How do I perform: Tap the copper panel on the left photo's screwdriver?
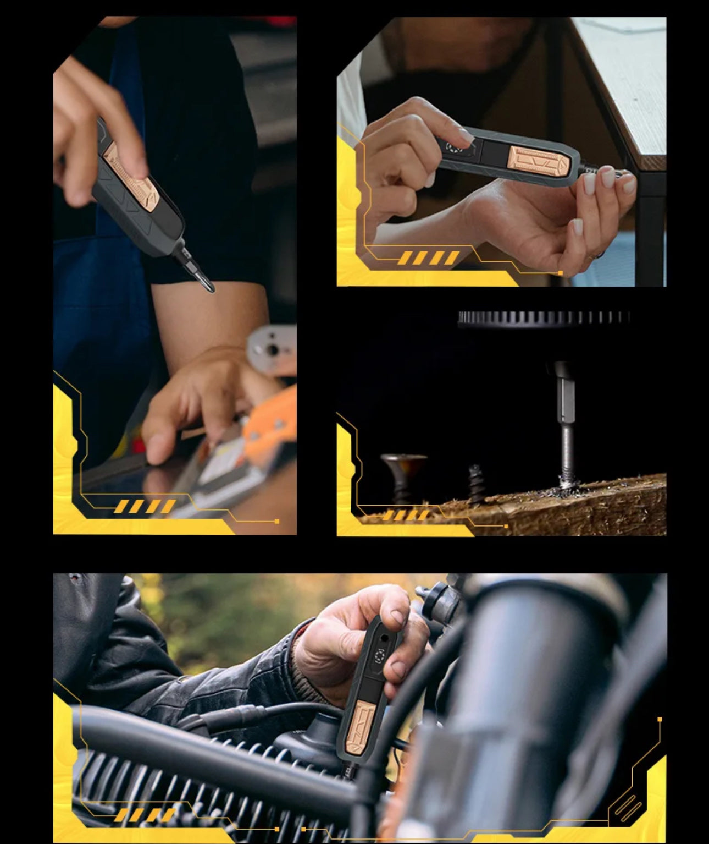point(131,175)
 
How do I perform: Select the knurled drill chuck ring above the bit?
point(544,318)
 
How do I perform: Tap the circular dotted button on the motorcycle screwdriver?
point(380,655)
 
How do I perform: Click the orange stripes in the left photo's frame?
point(145,506)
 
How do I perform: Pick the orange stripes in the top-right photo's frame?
point(428,257)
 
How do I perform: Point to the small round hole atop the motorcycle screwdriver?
point(384,637)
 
